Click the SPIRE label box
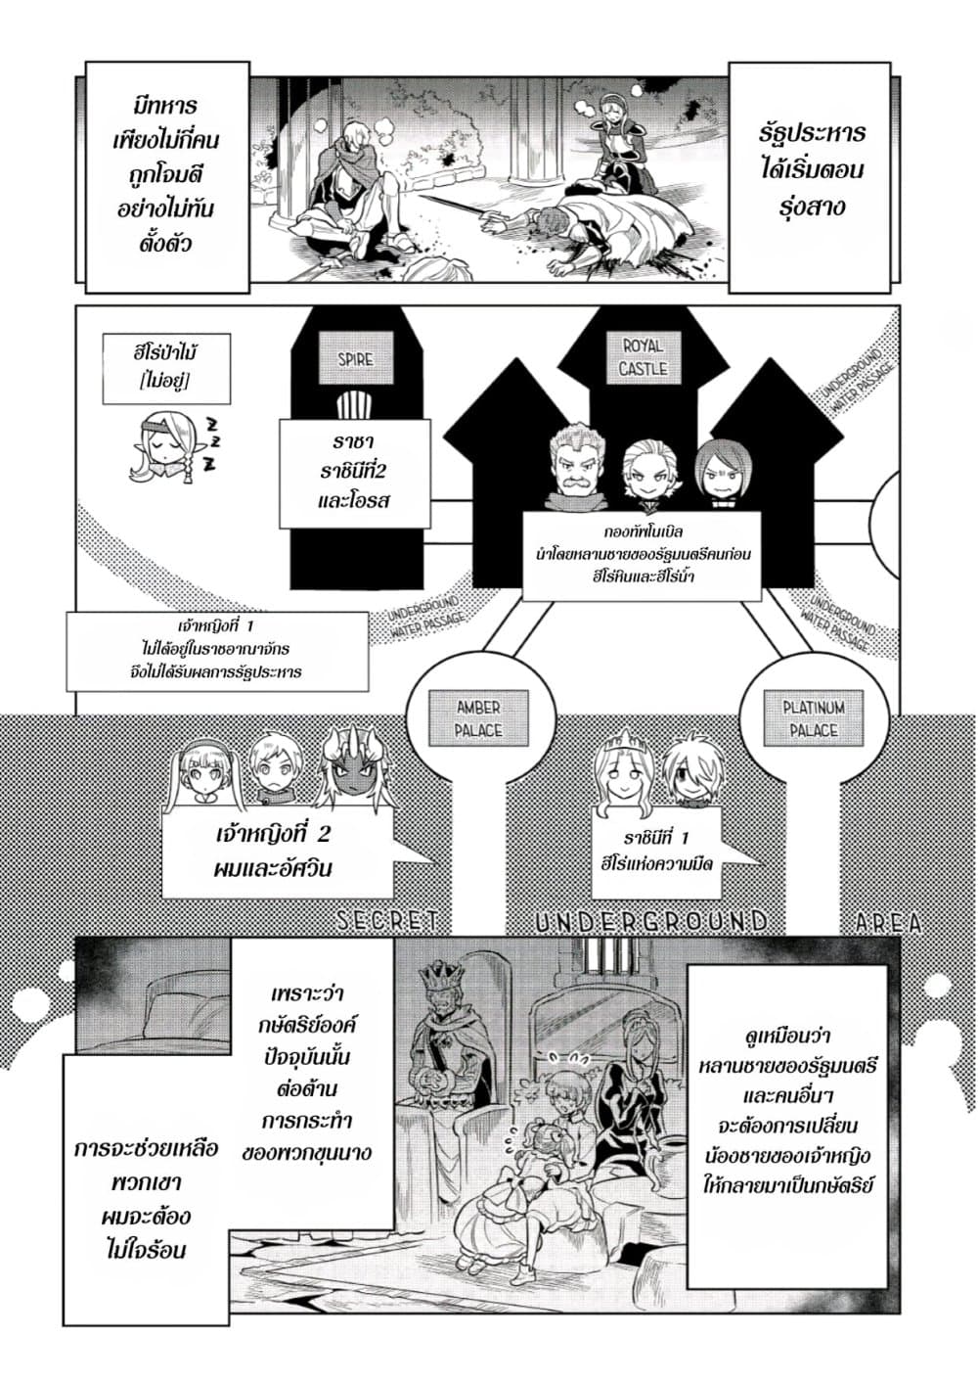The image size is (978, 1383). point(355,359)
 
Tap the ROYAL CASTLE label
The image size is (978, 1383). point(643,357)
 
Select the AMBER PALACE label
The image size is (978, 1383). point(478,718)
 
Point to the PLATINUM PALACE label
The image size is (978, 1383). point(814,718)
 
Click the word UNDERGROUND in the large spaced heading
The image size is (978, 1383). point(652,921)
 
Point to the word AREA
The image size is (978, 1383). point(888,921)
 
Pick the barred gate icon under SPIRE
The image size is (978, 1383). point(355,403)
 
